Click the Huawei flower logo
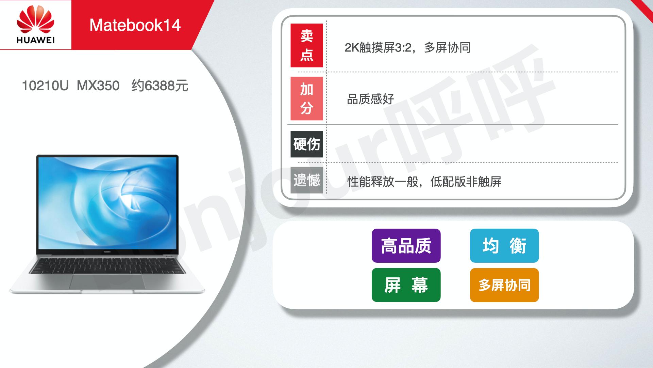pyautogui.click(x=35, y=21)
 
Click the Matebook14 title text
pyautogui.click(x=135, y=25)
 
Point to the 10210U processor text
pyautogui.click(x=45, y=86)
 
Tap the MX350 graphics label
pyautogui.click(x=98, y=86)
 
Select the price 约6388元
pyautogui.click(x=160, y=86)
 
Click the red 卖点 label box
pyautogui.click(x=307, y=45)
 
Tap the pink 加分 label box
pyautogui.click(x=307, y=98)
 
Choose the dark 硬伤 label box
pyautogui.click(x=307, y=144)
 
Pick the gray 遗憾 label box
pyautogui.click(x=307, y=180)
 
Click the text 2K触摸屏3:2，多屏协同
pyautogui.click(x=407, y=48)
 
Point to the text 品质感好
pyautogui.click(x=370, y=99)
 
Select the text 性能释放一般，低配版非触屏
pyautogui.click(x=424, y=182)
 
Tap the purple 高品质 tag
pyautogui.click(x=406, y=246)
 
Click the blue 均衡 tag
pyautogui.click(x=504, y=246)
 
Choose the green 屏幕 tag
pyautogui.click(x=406, y=285)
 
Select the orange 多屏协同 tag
pyautogui.click(x=504, y=285)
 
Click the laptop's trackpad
pyautogui.click(x=107, y=281)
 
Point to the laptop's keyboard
pyautogui.click(x=107, y=266)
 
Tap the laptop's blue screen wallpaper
pyautogui.click(x=107, y=203)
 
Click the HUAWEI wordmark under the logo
pyautogui.click(x=35, y=41)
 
